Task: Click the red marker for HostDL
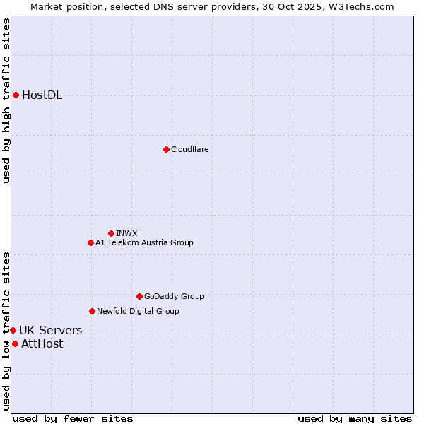pyautogui.click(x=16, y=95)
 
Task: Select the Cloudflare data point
pyautogui.click(x=166, y=149)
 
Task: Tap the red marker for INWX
pyautogui.click(x=111, y=233)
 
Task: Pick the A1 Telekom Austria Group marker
pyautogui.click(x=90, y=242)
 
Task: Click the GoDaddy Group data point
pyautogui.click(x=139, y=296)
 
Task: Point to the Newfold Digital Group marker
pyautogui.click(x=92, y=311)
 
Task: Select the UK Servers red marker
pyautogui.click(x=13, y=330)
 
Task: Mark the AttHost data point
pyautogui.click(x=15, y=343)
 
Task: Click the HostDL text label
pyautogui.click(x=42, y=95)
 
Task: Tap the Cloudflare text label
pyautogui.click(x=189, y=149)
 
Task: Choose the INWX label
pyautogui.click(x=126, y=233)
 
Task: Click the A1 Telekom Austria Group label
pyautogui.click(x=144, y=242)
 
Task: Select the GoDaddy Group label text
pyautogui.click(x=174, y=296)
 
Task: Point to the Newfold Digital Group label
pyautogui.click(x=138, y=311)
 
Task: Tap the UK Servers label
pyautogui.click(x=50, y=330)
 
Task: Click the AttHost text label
pyautogui.click(x=42, y=344)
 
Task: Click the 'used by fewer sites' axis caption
pyautogui.click(x=73, y=418)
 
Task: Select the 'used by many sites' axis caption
pyautogui.click(x=355, y=418)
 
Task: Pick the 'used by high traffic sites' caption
pyautogui.click(x=6, y=100)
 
